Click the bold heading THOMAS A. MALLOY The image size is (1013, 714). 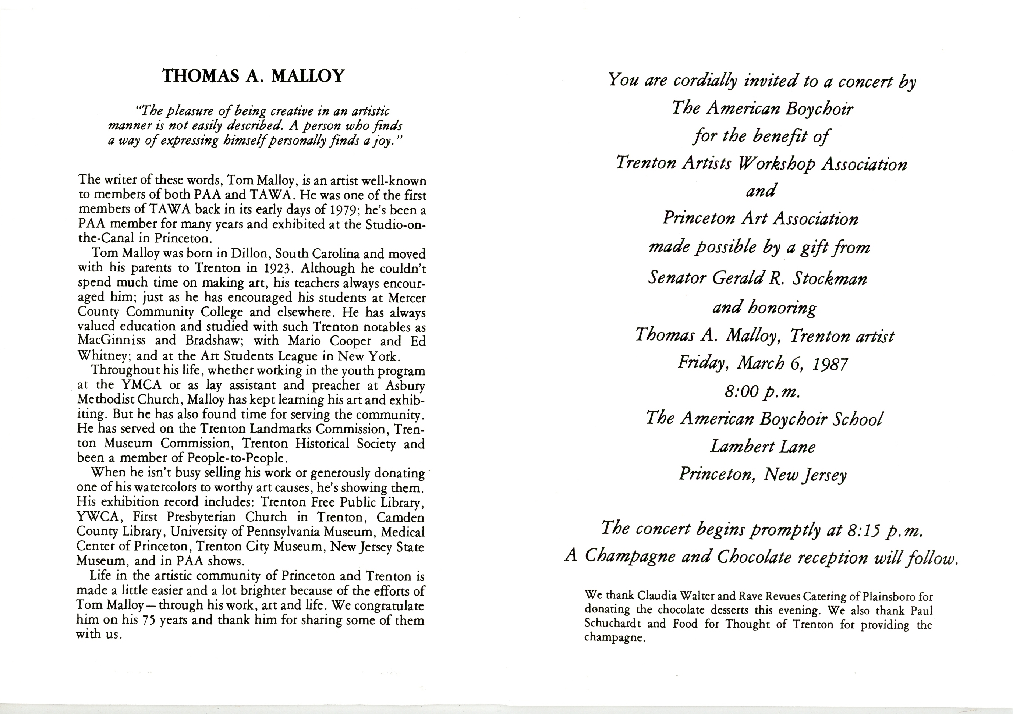click(253, 76)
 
